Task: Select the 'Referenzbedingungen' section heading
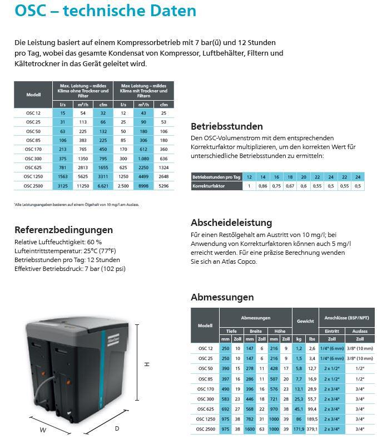pos(63,230)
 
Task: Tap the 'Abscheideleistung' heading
pos(231,223)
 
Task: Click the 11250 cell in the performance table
pos(83,186)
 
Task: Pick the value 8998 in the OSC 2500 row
pos(143,186)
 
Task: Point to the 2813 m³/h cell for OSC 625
pos(83,168)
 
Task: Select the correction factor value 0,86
pos(263,186)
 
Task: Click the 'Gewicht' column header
pos(305,321)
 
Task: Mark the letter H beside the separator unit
pos(147,364)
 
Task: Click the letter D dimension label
pos(116,428)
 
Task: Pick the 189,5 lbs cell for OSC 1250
pos(312,418)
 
